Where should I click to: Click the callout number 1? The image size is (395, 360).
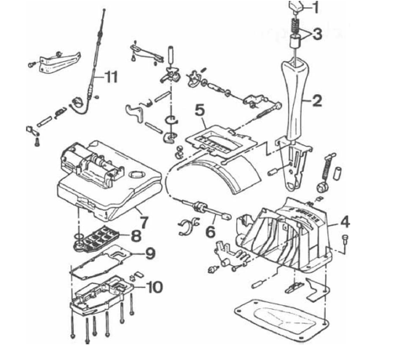pos(316,8)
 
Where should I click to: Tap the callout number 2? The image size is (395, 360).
pos(316,100)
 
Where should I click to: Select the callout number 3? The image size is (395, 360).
pos(317,34)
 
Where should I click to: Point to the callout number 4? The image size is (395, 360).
pos(345,222)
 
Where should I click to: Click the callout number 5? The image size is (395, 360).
pos(199,111)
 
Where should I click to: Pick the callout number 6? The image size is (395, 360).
pos(210,231)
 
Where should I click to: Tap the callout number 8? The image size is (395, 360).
pos(136,236)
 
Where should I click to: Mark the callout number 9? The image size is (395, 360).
pos(150,253)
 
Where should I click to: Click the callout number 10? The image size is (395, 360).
pos(155,287)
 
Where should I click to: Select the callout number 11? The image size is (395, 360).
pos(111,77)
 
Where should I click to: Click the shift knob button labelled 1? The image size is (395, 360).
pos(296,7)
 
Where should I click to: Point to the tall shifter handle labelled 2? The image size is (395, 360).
pos(296,100)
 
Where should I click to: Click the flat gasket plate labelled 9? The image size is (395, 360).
pos(102,262)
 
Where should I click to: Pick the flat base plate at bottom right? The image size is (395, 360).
pos(282,321)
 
